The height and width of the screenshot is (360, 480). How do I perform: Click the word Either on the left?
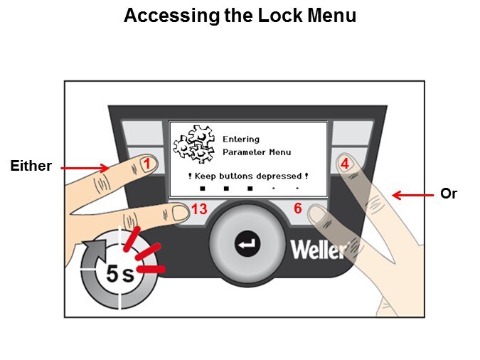(x=31, y=166)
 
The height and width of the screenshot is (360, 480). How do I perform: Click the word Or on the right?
(x=449, y=193)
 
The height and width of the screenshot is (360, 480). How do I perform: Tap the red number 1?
(x=146, y=164)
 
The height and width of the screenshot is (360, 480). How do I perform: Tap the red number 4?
(x=344, y=163)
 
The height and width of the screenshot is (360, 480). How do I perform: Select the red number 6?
(x=298, y=208)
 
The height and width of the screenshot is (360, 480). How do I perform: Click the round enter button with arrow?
(x=248, y=245)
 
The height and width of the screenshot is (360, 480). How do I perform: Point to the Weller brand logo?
(x=318, y=250)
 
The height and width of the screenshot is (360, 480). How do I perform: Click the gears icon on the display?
(x=193, y=144)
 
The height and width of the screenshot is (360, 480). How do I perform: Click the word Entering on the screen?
(x=241, y=139)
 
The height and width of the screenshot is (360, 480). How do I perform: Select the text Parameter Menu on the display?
(x=257, y=152)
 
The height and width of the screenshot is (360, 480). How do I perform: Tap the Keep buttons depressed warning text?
(x=248, y=176)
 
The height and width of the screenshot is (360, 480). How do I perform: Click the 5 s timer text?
(x=120, y=273)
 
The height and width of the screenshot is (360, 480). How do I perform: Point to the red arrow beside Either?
(x=85, y=168)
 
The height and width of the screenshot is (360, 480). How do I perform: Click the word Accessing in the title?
(x=163, y=16)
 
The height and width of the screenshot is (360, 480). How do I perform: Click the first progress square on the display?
(x=203, y=189)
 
